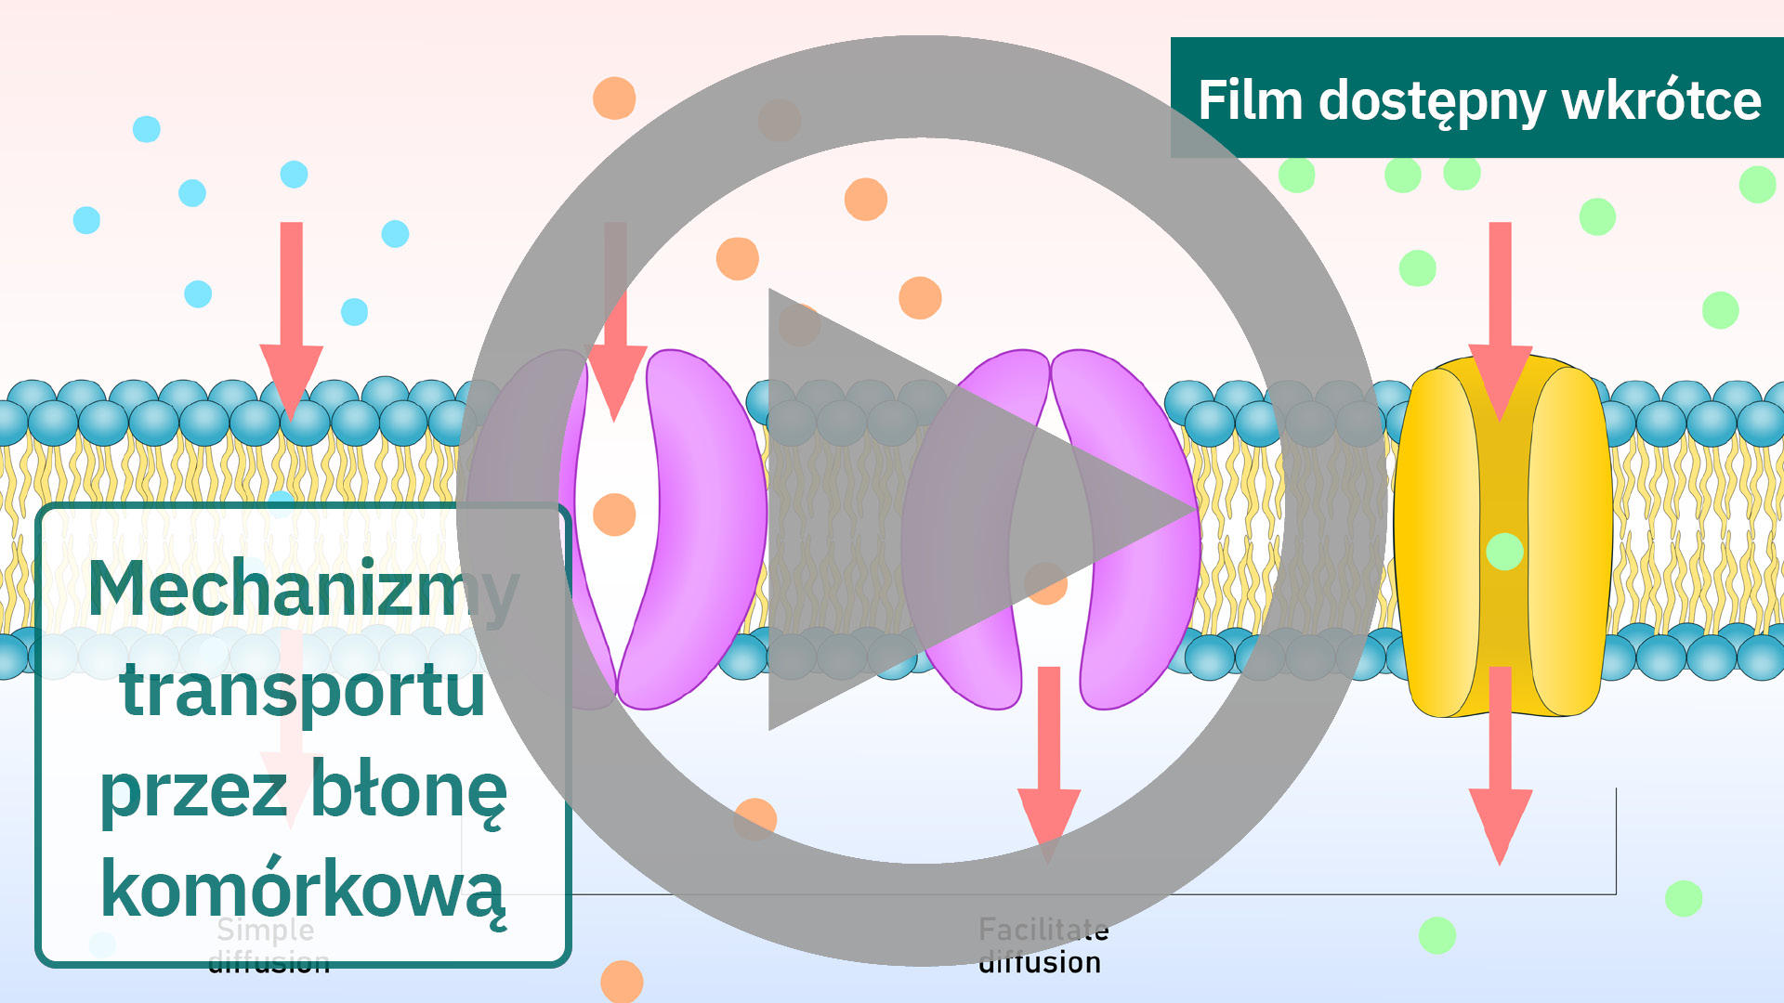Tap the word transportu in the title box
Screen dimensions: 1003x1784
(303, 691)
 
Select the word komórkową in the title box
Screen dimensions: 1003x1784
(303, 890)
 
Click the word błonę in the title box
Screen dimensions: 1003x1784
(408, 790)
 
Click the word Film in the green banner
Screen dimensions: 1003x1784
(1250, 100)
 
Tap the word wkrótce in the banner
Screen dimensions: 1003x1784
(1661, 100)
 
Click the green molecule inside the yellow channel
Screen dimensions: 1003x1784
(1504, 552)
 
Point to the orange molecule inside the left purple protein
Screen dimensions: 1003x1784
(614, 515)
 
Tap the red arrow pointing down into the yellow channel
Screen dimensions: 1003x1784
(1500, 316)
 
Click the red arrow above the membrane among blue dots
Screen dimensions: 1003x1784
(292, 316)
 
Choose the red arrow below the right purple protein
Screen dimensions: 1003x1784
(1049, 762)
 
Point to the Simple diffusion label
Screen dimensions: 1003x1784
(268, 945)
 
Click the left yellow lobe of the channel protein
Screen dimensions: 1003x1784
(1438, 539)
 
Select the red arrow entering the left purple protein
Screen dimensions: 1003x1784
(615, 316)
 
